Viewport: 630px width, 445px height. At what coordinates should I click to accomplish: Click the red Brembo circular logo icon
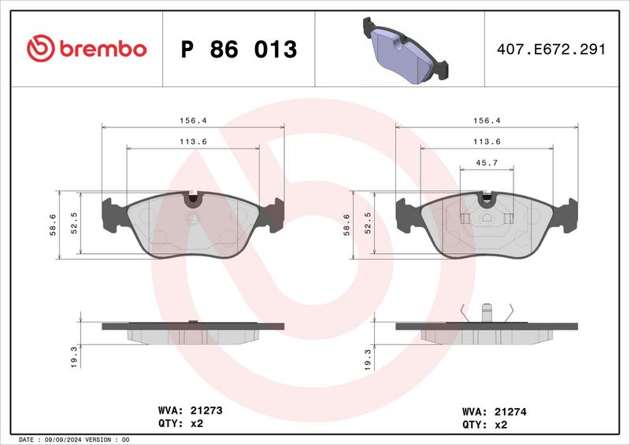pos(39,49)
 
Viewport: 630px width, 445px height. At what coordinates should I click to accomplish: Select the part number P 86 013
pos(239,50)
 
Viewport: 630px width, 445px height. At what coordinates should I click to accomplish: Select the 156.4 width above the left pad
pos(193,121)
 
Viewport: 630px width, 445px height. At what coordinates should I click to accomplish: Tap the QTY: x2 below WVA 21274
pos(483,424)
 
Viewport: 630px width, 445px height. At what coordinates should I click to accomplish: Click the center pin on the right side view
pos(487,312)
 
